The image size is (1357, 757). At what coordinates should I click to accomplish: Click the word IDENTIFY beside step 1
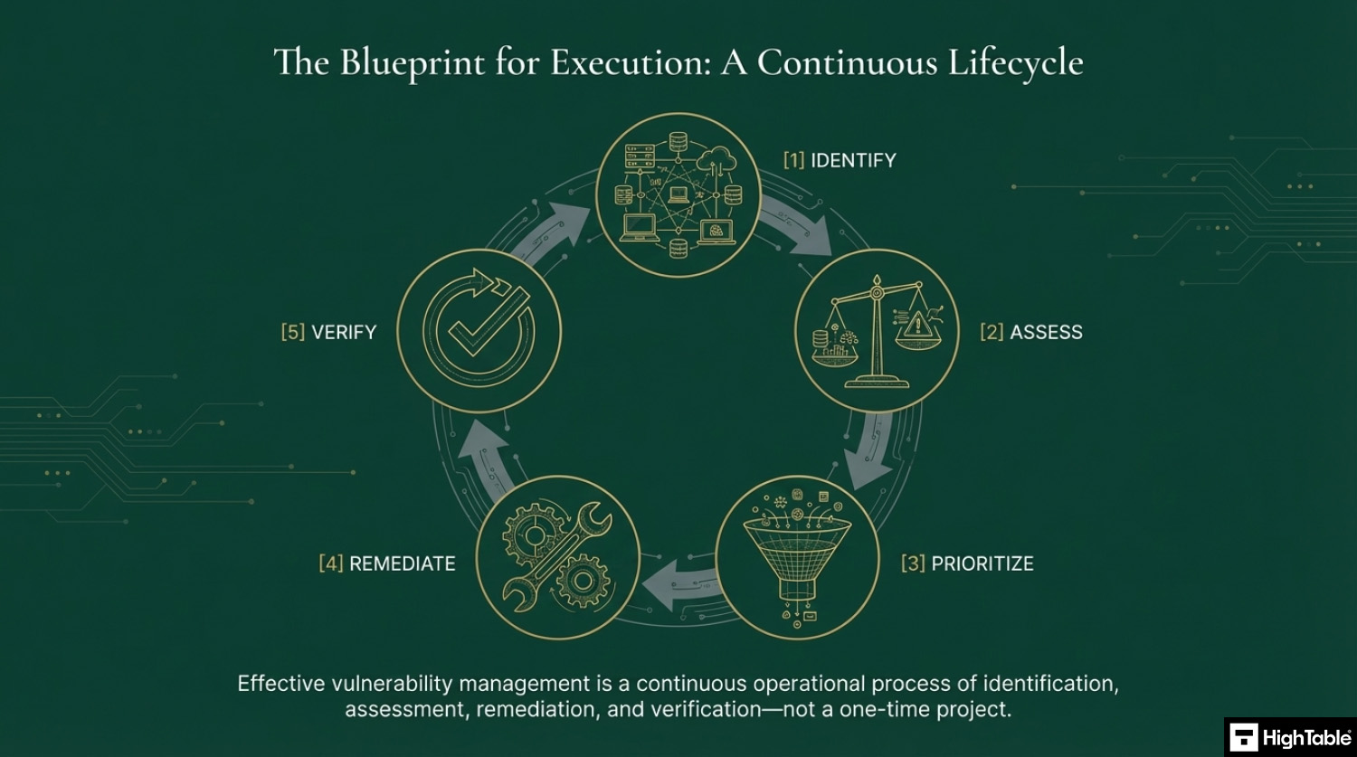pyautogui.click(x=853, y=160)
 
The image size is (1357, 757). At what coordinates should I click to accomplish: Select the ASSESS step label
pyautogui.click(x=1046, y=332)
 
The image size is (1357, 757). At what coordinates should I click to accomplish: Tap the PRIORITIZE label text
pyautogui.click(x=982, y=563)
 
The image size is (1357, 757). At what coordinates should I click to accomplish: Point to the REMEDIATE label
pyautogui.click(x=403, y=563)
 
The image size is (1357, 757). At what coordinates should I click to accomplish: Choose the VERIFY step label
pyautogui.click(x=344, y=332)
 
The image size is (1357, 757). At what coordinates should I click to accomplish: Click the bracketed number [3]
pyautogui.click(x=913, y=563)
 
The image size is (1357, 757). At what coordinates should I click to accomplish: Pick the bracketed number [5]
pyautogui.click(x=292, y=332)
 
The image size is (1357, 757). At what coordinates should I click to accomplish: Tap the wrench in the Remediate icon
pyautogui.click(x=557, y=558)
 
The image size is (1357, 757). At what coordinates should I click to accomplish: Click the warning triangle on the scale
pyautogui.click(x=918, y=325)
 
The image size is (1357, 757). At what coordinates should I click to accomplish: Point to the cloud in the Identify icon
pyautogui.click(x=717, y=159)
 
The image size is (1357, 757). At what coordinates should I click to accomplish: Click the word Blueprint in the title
pyautogui.click(x=412, y=63)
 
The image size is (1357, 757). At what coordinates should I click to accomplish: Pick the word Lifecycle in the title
pyautogui.click(x=1015, y=63)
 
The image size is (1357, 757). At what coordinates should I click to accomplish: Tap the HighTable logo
pyautogui.click(x=1290, y=738)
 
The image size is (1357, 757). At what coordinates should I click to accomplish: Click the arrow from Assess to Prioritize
pyautogui.click(x=870, y=451)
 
